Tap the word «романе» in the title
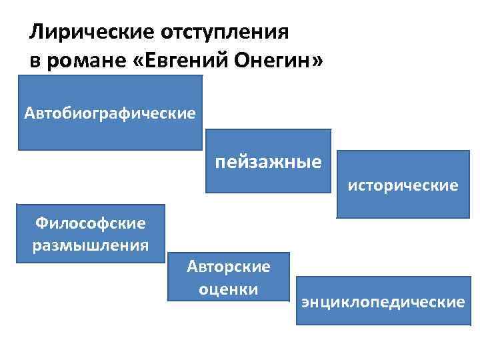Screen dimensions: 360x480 (87, 61)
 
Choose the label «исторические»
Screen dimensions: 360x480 (402, 185)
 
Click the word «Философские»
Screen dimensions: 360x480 (91, 223)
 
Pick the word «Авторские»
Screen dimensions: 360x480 (229, 267)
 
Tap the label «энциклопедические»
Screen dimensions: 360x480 (383, 302)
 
